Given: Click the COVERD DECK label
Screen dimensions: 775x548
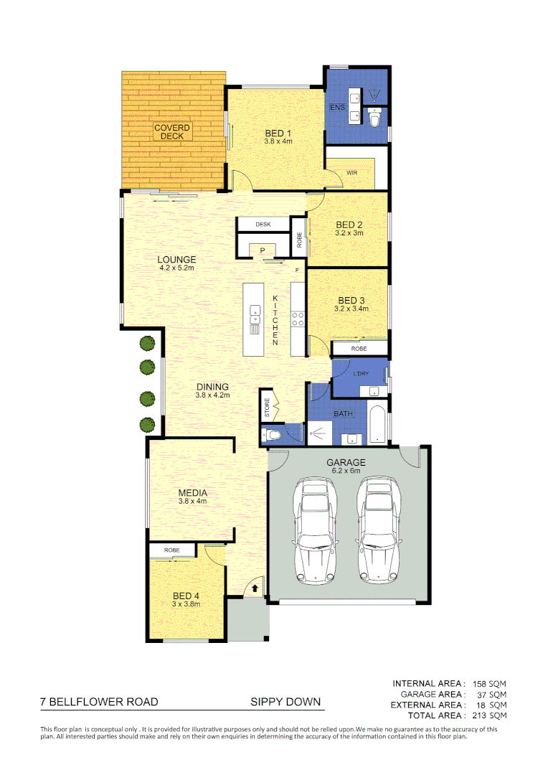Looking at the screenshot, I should [x=172, y=132].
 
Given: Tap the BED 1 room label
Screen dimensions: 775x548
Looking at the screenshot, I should [x=278, y=133].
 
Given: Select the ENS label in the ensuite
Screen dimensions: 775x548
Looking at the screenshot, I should [x=336, y=107].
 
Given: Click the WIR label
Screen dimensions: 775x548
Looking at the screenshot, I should [x=351, y=173].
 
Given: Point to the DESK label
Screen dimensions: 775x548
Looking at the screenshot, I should [x=263, y=225].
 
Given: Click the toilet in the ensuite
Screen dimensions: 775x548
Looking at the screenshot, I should [x=374, y=117].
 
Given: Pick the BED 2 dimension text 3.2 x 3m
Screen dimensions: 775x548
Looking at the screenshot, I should [x=349, y=232].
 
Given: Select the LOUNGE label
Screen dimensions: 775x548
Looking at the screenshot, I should [x=177, y=259].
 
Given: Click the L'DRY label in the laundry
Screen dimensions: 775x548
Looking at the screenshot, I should [x=361, y=372].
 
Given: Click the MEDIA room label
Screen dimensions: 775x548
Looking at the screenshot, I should [x=192, y=493].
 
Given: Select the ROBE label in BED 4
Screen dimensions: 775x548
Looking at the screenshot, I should [x=171, y=550].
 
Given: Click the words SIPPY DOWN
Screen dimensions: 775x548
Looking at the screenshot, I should [x=285, y=702].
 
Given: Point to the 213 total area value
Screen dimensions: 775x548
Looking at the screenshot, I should [x=478, y=715].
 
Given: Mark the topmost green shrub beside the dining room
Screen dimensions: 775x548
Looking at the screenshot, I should [x=147, y=344].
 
